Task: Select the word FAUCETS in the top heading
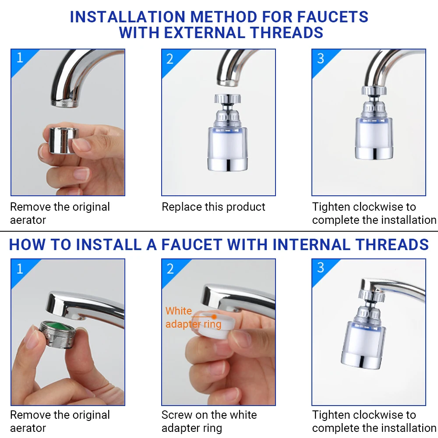[x=332, y=17]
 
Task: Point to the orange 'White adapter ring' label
[x=193, y=318]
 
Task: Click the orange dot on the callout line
[x=214, y=316]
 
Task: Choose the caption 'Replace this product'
[x=213, y=207]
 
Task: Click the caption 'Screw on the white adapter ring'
[x=209, y=421]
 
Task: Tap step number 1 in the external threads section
[x=20, y=57]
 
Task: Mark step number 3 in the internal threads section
[x=320, y=267]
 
